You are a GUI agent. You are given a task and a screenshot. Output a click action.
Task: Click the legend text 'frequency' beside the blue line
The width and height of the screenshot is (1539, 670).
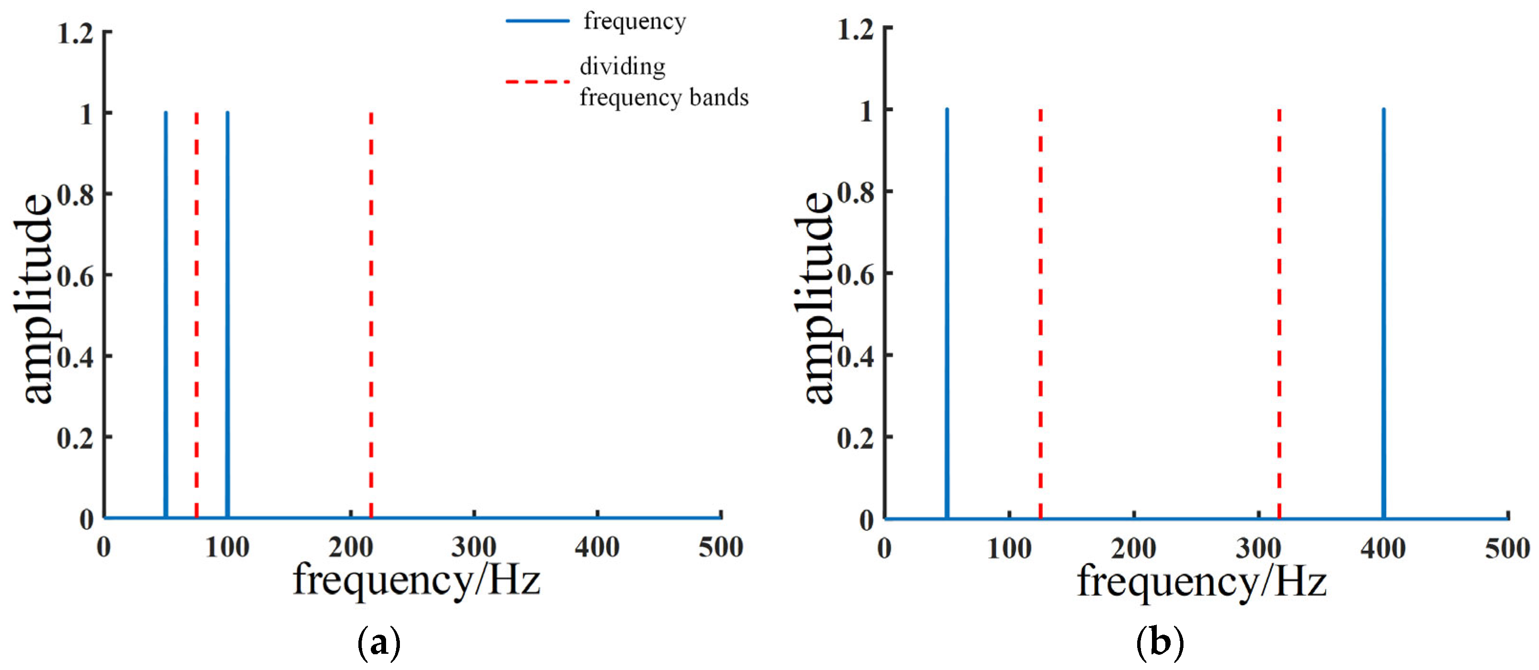(x=635, y=22)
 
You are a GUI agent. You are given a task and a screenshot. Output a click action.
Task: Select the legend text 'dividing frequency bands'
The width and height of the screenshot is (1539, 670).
(x=663, y=82)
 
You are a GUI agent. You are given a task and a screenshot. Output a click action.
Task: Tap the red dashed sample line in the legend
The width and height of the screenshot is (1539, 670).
(x=537, y=81)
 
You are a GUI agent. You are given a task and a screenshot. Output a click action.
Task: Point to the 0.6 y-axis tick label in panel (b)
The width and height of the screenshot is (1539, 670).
(x=856, y=275)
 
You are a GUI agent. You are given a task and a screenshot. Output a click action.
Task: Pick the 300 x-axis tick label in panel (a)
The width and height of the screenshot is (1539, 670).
(x=474, y=547)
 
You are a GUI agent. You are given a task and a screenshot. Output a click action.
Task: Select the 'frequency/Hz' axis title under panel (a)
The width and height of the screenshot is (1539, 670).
(x=417, y=580)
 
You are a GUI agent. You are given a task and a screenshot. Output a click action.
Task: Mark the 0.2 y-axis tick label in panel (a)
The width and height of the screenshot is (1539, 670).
(x=76, y=438)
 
